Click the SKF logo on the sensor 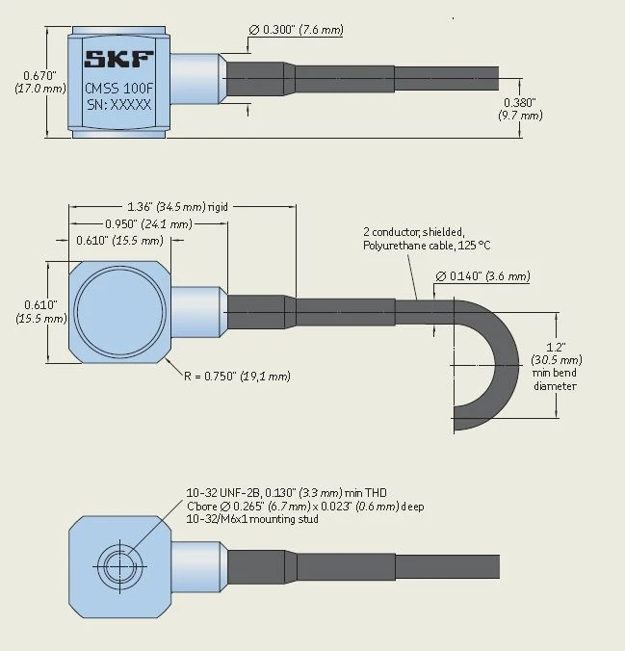118,60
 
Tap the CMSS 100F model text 118,88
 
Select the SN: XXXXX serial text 118,105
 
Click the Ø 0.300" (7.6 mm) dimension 296,30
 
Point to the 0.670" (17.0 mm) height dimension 40,82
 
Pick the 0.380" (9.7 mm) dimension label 520,109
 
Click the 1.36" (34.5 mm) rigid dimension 178,206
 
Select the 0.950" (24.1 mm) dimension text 148,224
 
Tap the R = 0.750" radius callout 237,377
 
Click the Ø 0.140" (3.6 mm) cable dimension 483,276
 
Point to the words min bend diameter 555,379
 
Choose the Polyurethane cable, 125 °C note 427,246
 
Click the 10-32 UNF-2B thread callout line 287,493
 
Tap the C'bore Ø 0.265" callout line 305,507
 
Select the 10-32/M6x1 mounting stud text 252,519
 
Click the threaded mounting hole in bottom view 120,566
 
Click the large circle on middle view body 120,312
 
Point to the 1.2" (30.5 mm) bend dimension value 557,353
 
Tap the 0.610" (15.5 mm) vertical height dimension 41,311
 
